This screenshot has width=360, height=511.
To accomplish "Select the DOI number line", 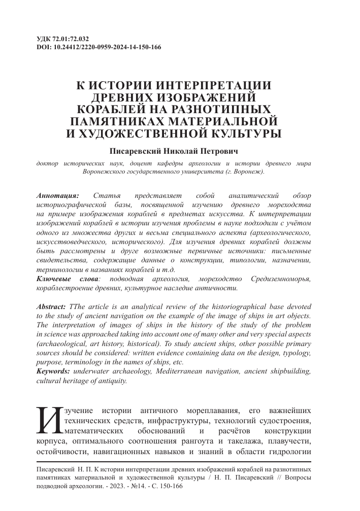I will click(100, 47).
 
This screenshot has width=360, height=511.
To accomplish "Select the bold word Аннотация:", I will click(58, 195).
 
